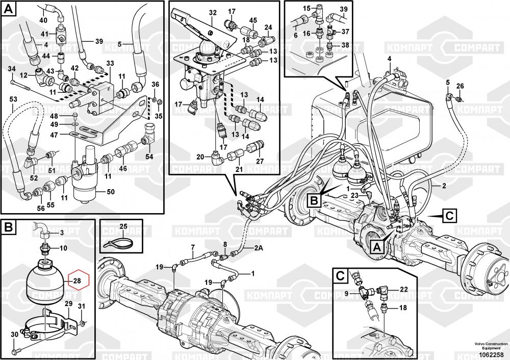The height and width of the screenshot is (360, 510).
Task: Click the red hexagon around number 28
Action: (x=77, y=280)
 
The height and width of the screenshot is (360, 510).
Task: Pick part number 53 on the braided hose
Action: (x=13, y=98)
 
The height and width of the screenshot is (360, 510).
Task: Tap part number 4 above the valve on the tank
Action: (x=389, y=59)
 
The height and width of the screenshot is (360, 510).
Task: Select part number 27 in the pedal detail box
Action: (x=260, y=161)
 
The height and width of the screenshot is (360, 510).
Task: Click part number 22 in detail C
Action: (x=403, y=290)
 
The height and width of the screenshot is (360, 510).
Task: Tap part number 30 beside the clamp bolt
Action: (x=15, y=335)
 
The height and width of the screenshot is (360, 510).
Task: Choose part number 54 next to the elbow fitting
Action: (x=149, y=156)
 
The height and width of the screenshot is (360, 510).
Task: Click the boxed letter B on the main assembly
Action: (x=314, y=200)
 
